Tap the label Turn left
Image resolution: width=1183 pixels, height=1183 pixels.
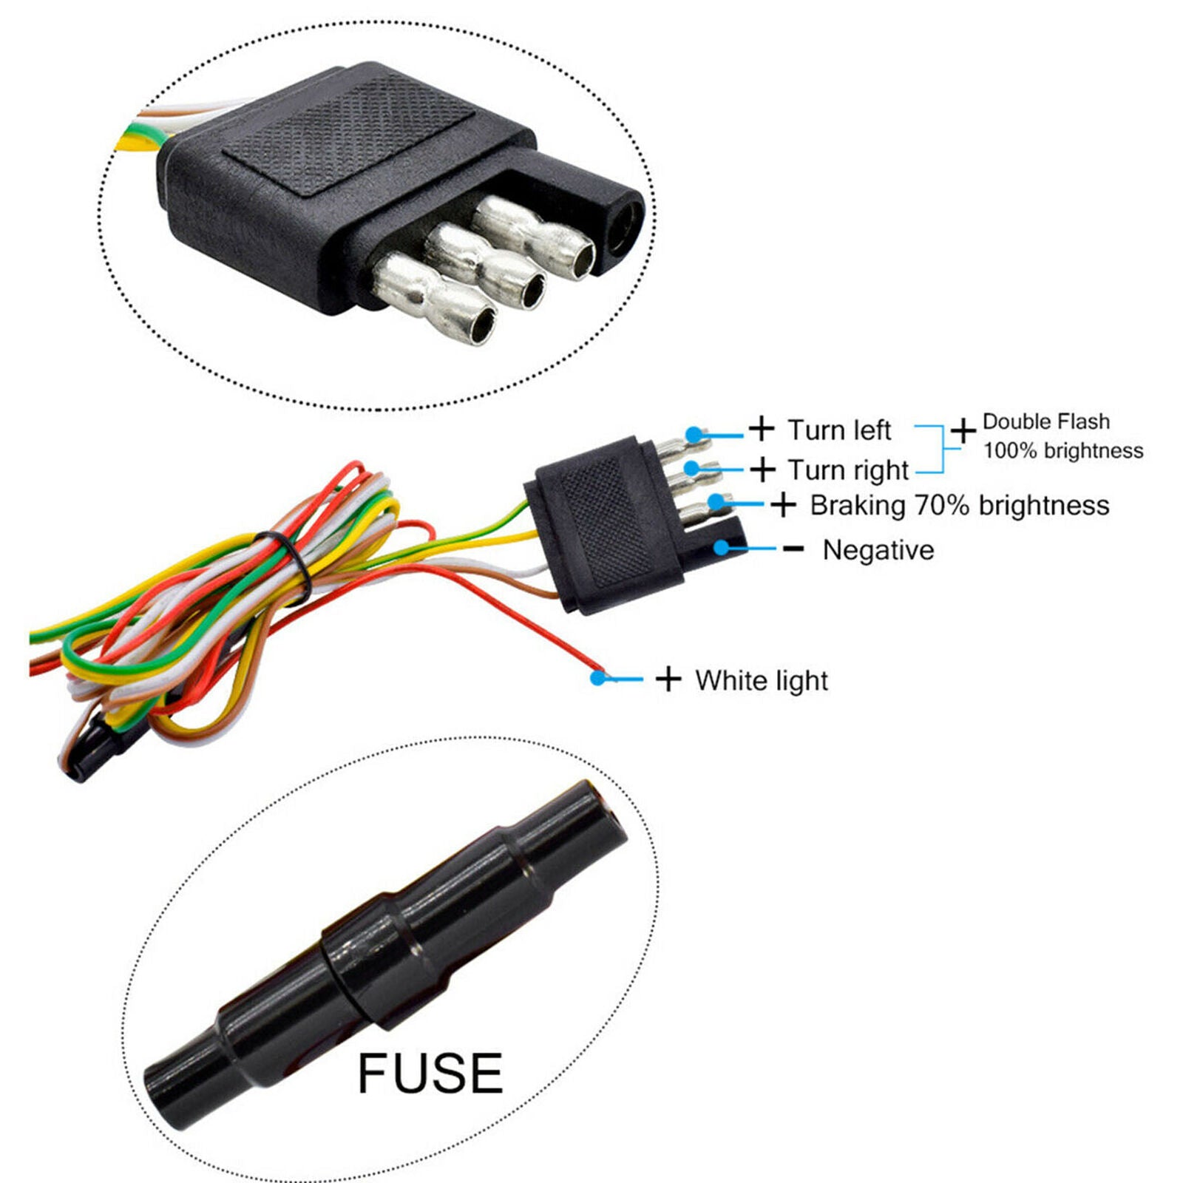(x=839, y=430)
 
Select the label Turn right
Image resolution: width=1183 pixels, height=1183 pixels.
(x=848, y=470)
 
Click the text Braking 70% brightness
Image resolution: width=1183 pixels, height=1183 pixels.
(x=960, y=506)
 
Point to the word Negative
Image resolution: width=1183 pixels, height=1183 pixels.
(x=878, y=550)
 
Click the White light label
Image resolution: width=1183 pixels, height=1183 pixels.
(x=762, y=680)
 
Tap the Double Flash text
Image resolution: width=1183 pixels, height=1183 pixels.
(x=1046, y=421)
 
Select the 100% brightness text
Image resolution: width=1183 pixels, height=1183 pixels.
(x=1063, y=450)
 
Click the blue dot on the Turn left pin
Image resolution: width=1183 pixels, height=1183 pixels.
(x=694, y=434)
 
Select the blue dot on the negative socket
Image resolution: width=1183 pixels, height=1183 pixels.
(x=722, y=548)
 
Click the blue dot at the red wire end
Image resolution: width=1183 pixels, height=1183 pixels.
(x=597, y=677)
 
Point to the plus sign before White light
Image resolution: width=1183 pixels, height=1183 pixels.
(x=668, y=679)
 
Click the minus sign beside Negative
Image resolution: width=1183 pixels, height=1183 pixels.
(x=793, y=549)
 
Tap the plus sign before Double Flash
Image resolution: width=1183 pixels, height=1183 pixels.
(x=963, y=430)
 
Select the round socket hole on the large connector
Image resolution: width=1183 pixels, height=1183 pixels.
(x=627, y=223)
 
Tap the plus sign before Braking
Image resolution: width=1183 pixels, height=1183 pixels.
(x=783, y=505)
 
